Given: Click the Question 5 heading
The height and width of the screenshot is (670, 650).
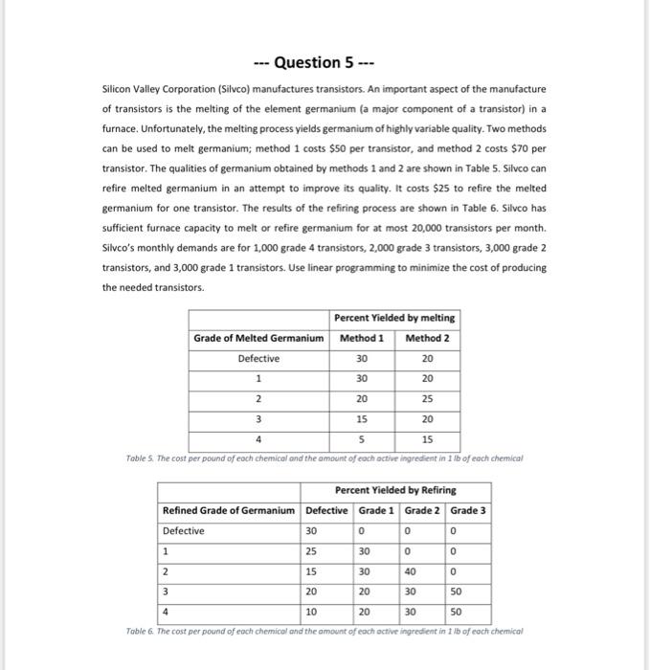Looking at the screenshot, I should (325, 63).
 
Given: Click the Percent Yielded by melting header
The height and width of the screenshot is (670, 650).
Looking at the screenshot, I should (394, 318).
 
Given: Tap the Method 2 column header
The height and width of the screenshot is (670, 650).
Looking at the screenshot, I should (427, 338).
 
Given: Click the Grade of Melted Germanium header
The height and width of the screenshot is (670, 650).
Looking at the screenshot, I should (258, 338).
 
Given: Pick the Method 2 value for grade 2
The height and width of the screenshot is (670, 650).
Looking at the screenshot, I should (427, 399).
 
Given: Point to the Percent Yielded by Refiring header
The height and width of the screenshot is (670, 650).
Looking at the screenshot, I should (394, 490).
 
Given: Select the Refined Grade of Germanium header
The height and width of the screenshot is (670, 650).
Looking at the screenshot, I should (229, 510).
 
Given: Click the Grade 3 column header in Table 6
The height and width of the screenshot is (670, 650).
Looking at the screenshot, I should (468, 510).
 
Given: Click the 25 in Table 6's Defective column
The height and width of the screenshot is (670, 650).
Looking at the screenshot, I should (310, 551).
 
